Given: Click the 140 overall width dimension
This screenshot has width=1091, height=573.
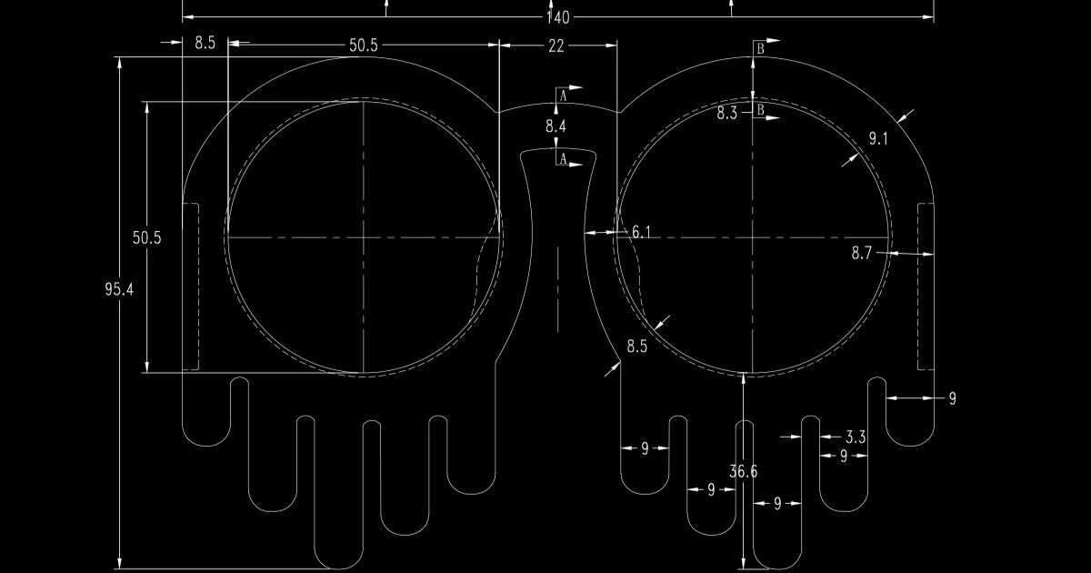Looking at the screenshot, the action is pyautogui.click(x=557, y=18).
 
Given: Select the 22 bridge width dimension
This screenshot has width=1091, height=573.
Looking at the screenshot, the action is pyautogui.click(x=556, y=46).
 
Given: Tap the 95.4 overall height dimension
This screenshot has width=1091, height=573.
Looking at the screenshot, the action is pyautogui.click(x=119, y=289).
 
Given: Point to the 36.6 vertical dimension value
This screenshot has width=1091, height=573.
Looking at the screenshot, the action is pyautogui.click(x=744, y=471).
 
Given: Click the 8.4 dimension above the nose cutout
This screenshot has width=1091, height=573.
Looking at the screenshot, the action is pyautogui.click(x=556, y=126).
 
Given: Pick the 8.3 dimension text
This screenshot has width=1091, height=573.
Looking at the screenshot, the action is pyautogui.click(x=726, y=114).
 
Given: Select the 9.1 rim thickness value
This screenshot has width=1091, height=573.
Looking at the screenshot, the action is pyautogui.click(x=878, y=139).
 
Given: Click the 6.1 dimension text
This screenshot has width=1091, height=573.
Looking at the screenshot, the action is pyautogui.click(x=641, y=232).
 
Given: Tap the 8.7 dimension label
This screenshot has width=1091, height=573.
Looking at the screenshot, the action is pyautogui.click(x=862, y=253).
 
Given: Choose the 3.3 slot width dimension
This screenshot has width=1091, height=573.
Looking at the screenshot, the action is pyautogui.click(x=856, y=437).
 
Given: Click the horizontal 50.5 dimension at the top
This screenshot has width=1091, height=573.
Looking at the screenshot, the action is pyautogui.click(x=364, y=45).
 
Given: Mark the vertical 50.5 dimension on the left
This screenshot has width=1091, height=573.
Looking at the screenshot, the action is pyautogui.click(x=146, y=237).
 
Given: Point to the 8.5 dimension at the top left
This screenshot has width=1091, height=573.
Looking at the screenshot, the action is pyautogui.click(x=205, y=43).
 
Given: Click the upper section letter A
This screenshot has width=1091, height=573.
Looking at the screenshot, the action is pyautogui.click(x=563, y=95).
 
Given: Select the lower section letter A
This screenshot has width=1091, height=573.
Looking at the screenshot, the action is pyautogui.click(x=563, y=158).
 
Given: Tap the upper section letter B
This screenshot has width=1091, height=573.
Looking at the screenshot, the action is pyautogui.click(x=760, y=49).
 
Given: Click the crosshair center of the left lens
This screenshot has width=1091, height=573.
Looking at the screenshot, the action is pyautogui.click(x=364, y=237).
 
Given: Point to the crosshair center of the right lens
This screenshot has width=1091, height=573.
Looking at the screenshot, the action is pyautogui.click(x=753, y=237).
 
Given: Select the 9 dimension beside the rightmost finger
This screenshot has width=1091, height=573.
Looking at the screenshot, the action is pyautogui.click(x=953, y=398).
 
